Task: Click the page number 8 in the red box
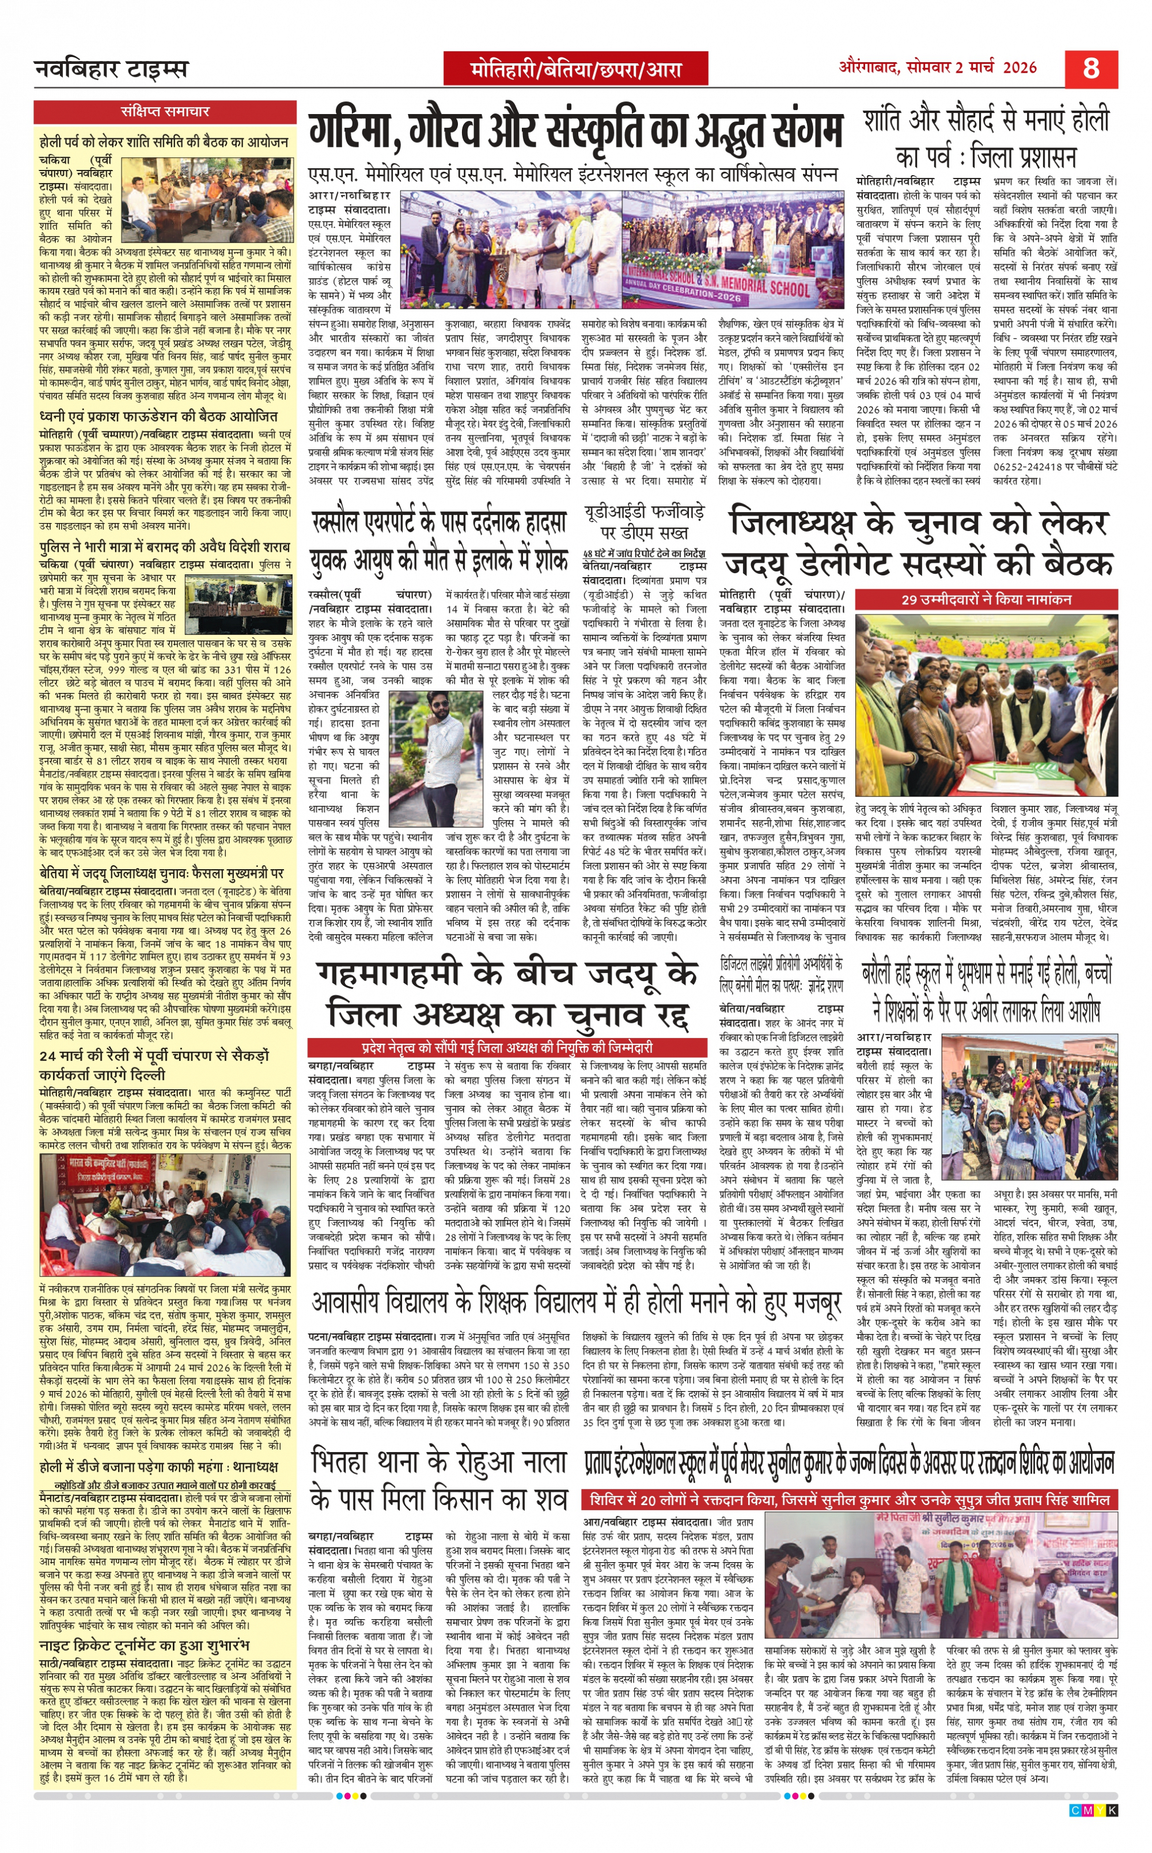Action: click(x=1091, y=69)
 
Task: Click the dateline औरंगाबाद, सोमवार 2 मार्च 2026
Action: click(x=938, y=67)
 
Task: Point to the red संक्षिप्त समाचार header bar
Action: click(x=165, y=112)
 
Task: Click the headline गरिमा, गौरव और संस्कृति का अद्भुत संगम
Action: click(x=575, y=132)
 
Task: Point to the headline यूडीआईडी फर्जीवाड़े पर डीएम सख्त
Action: click(x=645, y=521)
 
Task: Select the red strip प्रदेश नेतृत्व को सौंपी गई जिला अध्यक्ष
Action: click(x=507, y=1048)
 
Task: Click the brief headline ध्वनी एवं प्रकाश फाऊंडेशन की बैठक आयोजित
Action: click(x=158, y=417)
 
